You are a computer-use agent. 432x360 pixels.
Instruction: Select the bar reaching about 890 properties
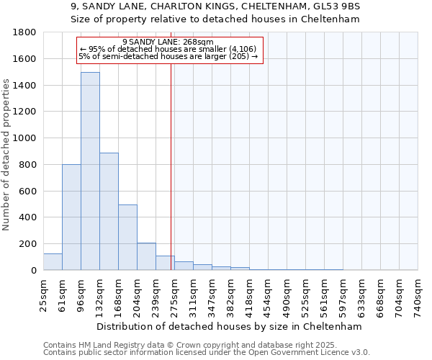(x=109, y=212)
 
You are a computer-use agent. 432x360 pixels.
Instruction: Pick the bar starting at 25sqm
(x=53, y=262)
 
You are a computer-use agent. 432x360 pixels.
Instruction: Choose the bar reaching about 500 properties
(x=127, y=238)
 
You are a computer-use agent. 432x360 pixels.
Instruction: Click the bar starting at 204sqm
(x=146, y=256)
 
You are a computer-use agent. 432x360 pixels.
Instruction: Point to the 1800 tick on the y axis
(x=27, y=32)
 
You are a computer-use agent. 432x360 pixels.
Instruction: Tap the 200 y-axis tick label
(x=30, y=244)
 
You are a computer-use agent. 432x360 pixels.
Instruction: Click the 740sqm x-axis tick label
(x=418, y=296)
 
